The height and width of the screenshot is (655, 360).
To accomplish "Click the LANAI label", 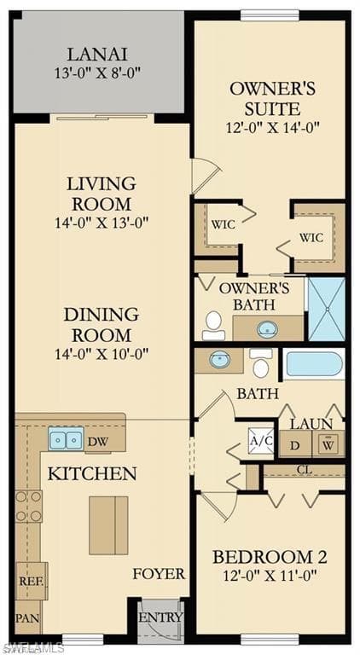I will coord(97,53).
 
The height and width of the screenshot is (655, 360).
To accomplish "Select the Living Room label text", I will coord(102,194).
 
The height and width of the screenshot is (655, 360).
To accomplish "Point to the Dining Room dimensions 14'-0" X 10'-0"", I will coord(101,353).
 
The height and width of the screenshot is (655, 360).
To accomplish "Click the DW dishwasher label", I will coord(96,441).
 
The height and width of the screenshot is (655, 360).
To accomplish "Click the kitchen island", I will coord(108,525).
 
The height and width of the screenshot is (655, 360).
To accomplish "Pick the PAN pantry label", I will coord(27,617).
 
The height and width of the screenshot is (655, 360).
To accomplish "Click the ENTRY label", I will coord(160,617).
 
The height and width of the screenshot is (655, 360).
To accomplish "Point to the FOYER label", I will coord(159,574).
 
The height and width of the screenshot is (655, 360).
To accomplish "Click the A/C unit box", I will coord(260,442).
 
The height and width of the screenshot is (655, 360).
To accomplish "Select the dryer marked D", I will coord(295,444).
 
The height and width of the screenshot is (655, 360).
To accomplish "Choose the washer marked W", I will coord(328,444).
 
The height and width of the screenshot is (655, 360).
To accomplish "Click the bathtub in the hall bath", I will coord(313,363).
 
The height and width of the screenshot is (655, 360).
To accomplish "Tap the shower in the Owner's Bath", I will coord(326,309).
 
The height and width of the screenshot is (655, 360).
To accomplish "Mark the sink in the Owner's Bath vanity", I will coord(267,328).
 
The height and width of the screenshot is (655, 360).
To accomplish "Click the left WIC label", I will coord(224,224).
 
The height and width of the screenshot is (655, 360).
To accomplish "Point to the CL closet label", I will coord(304,470).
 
